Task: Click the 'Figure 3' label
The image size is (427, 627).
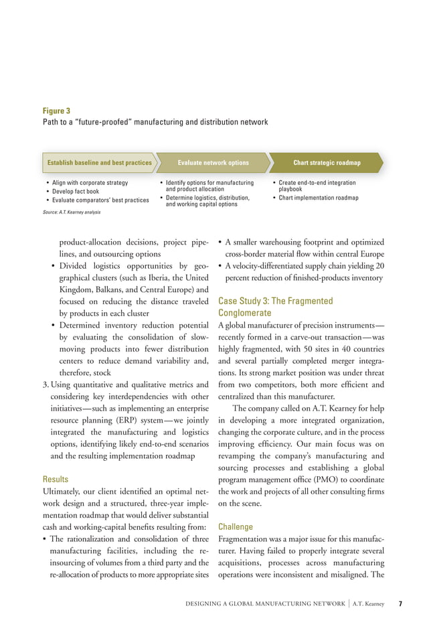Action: pos(57,111)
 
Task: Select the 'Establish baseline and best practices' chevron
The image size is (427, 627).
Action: pos(99,163)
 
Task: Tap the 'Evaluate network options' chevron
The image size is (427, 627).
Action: pos(213,163)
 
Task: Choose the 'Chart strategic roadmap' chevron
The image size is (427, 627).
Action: pos(327,163)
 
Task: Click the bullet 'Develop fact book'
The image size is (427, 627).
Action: pos(78,192)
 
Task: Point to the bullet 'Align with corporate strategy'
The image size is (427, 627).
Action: pos(89,183)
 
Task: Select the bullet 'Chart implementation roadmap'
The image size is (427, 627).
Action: pos(318,198)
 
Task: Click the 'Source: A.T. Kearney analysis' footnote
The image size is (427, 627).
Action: pos(72,212)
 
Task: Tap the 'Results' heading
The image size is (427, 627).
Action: pos(56,480)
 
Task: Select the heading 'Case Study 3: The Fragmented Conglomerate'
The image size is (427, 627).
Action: pos(274,307)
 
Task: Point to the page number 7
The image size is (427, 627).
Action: pos(400,604)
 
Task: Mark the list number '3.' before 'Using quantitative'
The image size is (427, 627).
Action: pos(46,385)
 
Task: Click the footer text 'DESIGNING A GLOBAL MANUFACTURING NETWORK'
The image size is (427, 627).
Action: pos(265,604)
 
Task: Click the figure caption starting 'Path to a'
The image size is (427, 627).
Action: pos(155,122)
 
